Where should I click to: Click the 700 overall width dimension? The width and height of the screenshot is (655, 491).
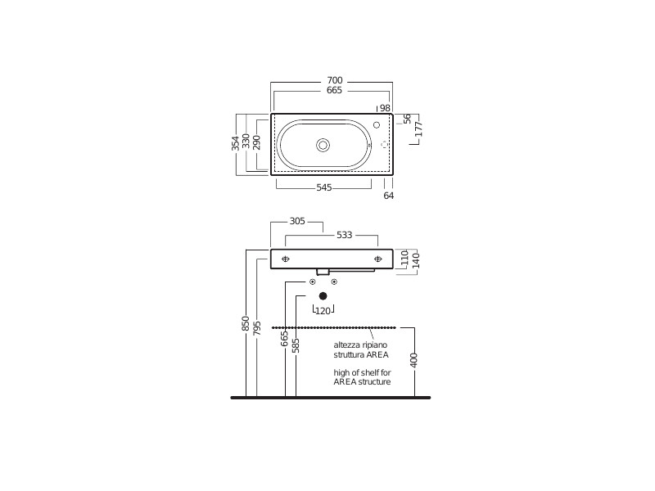pyautogui.click(x=335, y=80)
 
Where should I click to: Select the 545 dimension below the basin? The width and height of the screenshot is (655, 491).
pyautogui.click(x=324, y=187)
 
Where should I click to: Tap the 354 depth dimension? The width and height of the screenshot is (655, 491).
pyautogui.click(x=236, y=143)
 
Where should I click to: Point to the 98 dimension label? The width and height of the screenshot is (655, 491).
pyautogui.click(x=385, y=108)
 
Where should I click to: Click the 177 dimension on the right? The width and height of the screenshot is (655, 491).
pyautogui.click(x=419, y=129)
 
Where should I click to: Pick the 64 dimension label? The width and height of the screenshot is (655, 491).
pyautogui.click(x=388, y=196)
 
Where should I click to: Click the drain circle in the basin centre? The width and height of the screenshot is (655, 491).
pyautogui.click(x=323, y=146)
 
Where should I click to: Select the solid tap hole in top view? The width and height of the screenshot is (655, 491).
pyautogui.click(x=377, y=125)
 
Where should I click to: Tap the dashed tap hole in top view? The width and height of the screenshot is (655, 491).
pyautogui.click(x=384, y=145)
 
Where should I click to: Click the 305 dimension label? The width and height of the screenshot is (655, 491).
pyautogui.click(x=297, y=221)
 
